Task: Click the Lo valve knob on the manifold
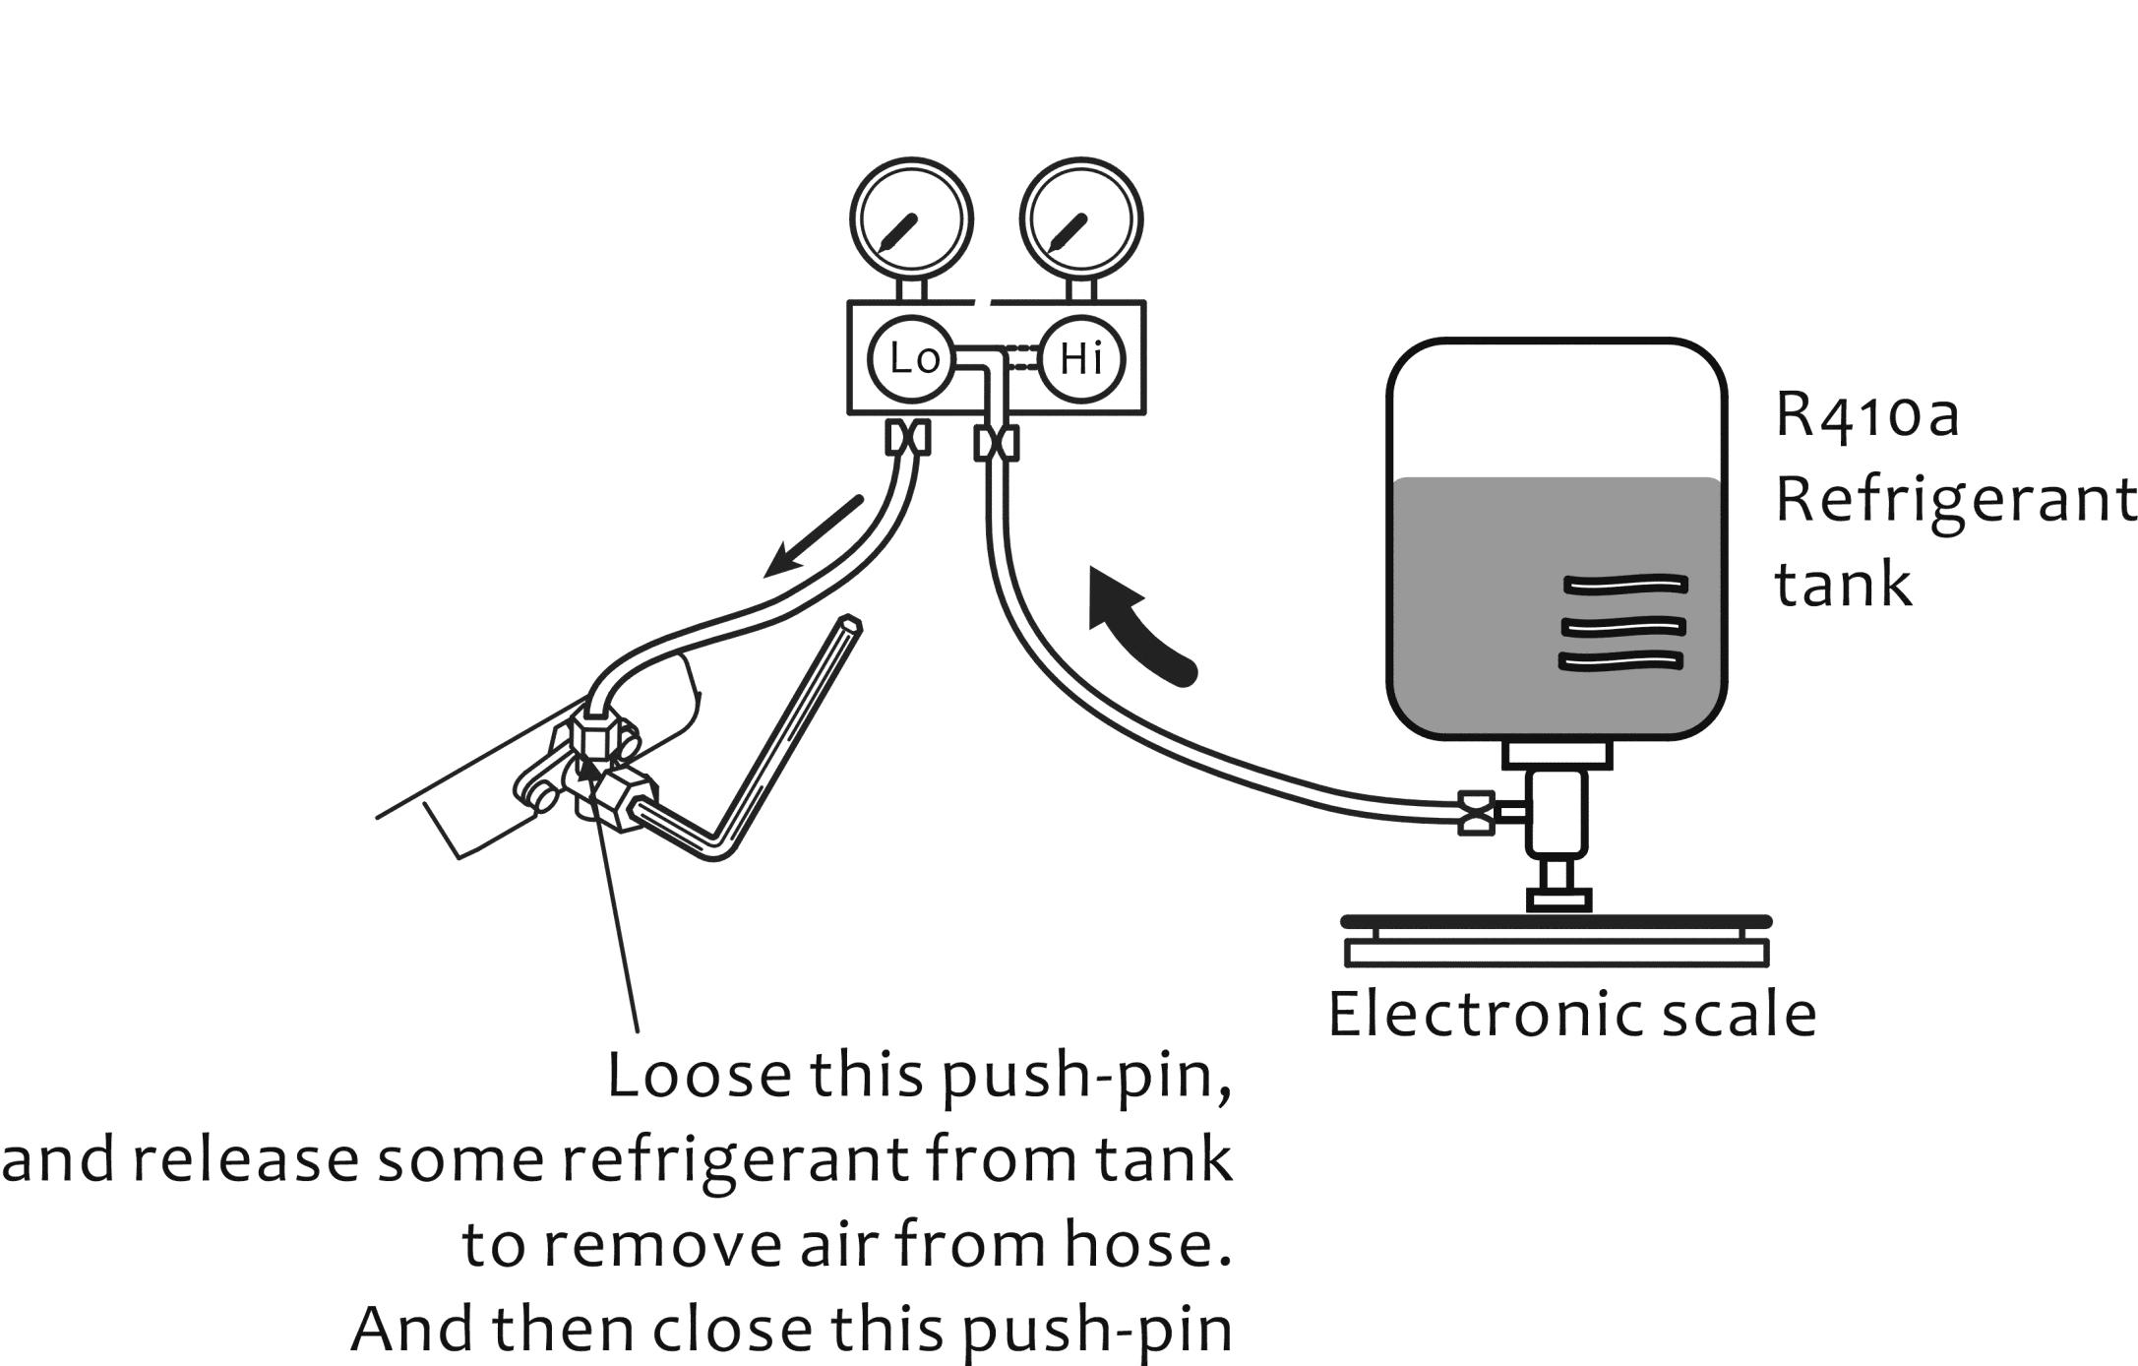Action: pyautogui.click(x=911, y=359)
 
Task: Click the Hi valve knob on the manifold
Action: pyautogui.click(x=1080, y=359)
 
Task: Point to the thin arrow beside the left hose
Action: pyautogui.click(x=813, y=537)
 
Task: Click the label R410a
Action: pyautogui.click(x=1867, y=415)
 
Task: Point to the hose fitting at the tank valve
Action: pyautogui.click(x=1476, y=813)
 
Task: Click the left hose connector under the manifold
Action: pyautogui.click(x=907, y=437)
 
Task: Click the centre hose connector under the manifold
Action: pyautogui.click(x=996, y=445)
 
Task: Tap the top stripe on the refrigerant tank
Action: pyautogui.click(x=1624, y=585)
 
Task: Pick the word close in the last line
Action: pyautogui.click(x=733, y=1329)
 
